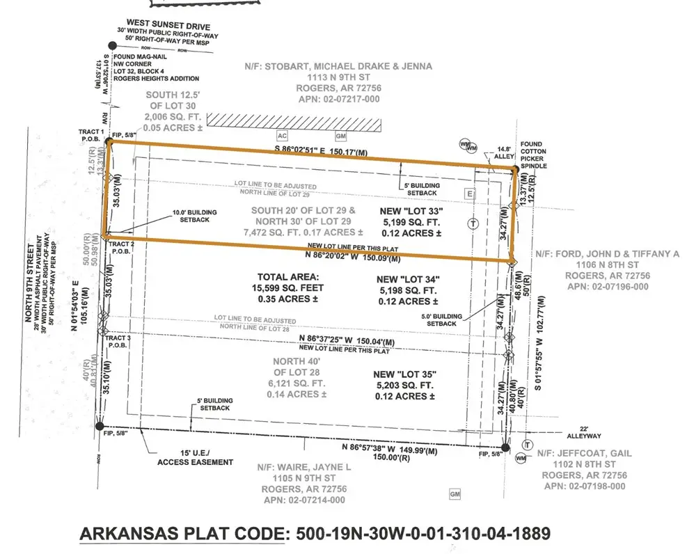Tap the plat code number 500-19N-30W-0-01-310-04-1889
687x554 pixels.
point(423,534)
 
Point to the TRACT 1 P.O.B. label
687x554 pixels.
point(92,135)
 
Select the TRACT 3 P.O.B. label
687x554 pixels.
point(119,340)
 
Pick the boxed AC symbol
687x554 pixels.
point(282,136)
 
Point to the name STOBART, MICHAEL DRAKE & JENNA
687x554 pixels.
point(339,66)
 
